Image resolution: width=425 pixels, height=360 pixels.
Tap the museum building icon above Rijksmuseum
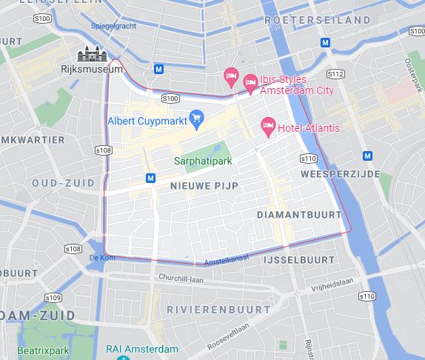tap(93, 54)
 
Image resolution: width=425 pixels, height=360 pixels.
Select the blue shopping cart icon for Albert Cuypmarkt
tap(196, 118)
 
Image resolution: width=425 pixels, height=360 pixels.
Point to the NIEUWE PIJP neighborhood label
tap(204, 186)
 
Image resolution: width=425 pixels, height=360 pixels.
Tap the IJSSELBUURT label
tap(308, 261)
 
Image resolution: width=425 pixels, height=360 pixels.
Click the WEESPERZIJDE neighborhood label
tap(340, 174)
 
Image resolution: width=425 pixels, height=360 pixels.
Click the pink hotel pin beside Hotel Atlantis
tap(268, 127)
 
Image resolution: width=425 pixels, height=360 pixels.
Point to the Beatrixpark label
tap(38, 348)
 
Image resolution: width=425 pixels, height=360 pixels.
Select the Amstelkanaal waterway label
tap(225, 257)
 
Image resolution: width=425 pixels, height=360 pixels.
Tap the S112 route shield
tap(335, 74)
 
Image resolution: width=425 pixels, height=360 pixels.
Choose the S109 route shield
tap(52, 297)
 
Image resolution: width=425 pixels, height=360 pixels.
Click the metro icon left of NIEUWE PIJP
tap(151, 178)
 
